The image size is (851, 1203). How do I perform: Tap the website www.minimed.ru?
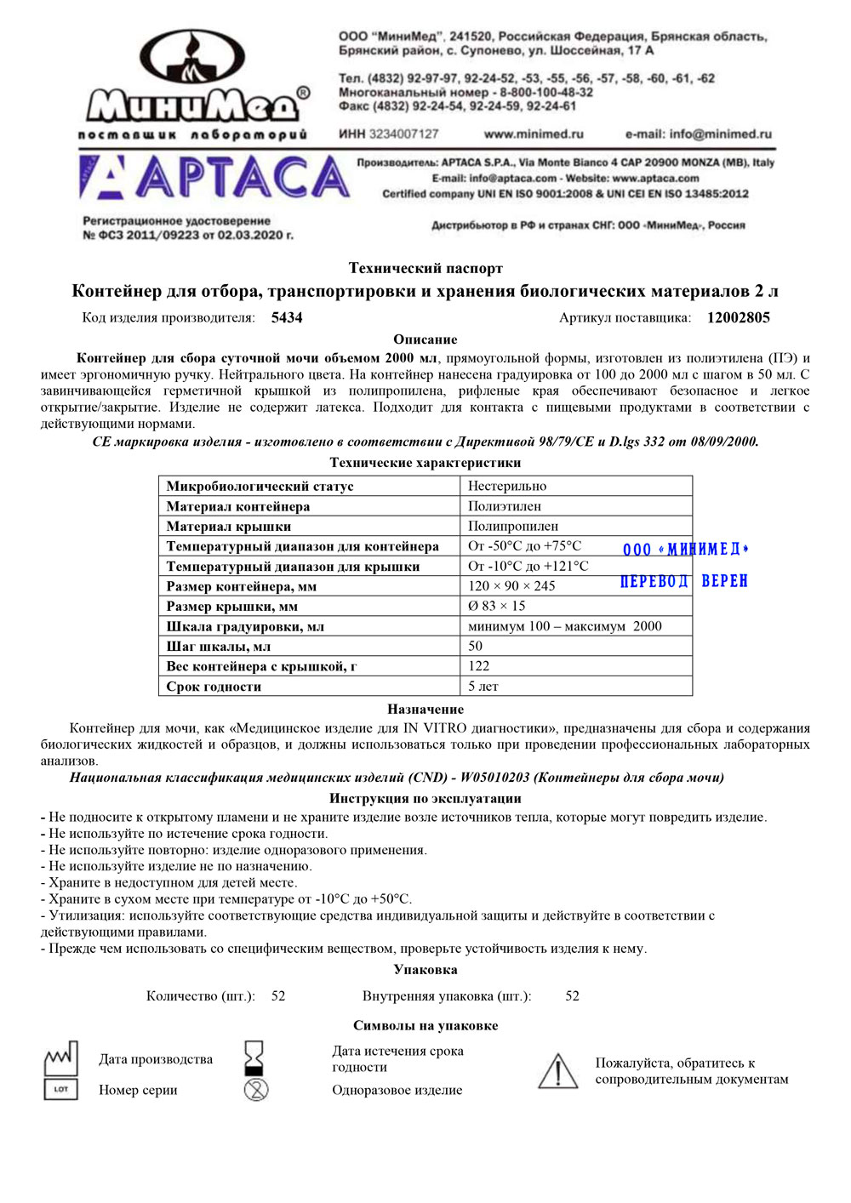(x=534, y=134)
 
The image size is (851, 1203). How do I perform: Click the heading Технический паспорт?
(x=425, y=268)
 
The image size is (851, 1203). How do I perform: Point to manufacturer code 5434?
(x=287, y=317)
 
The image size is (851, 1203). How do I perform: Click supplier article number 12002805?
(x=738, y=317)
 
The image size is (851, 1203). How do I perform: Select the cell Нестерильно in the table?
(x=507, y=486)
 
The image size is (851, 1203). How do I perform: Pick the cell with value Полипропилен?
(x=513, y=526)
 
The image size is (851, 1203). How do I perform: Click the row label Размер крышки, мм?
(x=232, y=606)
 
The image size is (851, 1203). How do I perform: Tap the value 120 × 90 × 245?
(x=511, y=585)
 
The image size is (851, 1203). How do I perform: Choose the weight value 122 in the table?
(x=479, y=665)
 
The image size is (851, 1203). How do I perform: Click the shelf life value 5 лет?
(x=483, y=686)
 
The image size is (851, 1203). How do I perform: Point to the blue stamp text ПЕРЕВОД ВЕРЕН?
(x=684, y=581)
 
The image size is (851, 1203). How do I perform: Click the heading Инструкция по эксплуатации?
(x=425, y=798)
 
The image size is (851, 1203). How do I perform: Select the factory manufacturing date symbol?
(x=60, y=1058)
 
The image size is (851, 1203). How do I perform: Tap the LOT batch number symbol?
(x=60, y=1089)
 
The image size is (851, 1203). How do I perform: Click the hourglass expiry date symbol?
(x=254, y=1058)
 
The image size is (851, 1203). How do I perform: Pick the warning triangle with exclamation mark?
(x=557, y=1071)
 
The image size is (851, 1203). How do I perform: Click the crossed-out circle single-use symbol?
(x=255, y=1089)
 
